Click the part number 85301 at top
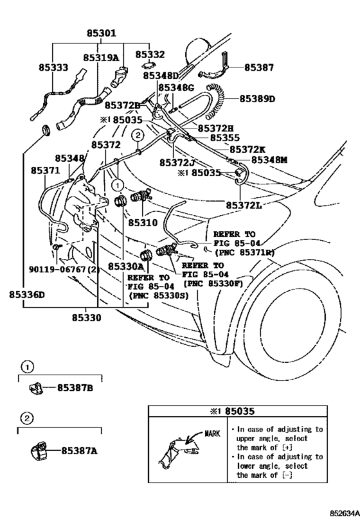coord(102,33)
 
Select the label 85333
coord(53,67)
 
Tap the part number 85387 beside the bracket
coord(259,67)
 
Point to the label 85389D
coord(257,99)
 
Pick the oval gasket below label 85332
coord(149,65)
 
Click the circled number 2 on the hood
coord(138,136)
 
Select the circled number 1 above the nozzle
coord(118,184)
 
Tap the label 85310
coord(143,222)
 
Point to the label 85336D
coord(27,295)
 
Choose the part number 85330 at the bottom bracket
coord(86,317)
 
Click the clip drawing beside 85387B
coord(35,389)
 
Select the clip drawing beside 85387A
coord(37,450)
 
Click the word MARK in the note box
coord(212,434)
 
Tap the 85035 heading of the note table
coord(239,411)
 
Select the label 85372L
coord(244,205)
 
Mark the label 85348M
coord(269,160)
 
